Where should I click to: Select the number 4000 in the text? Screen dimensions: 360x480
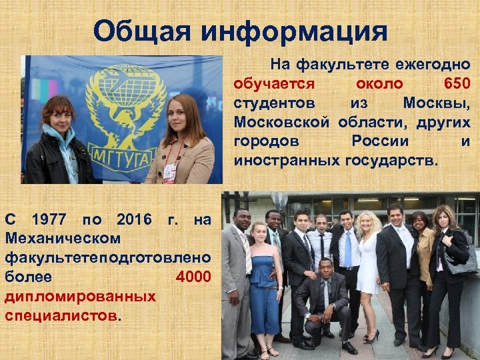[x=194, y=276]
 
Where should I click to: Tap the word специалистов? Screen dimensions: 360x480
[x=60, y=314]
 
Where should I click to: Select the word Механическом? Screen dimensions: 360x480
[x=63, y=238]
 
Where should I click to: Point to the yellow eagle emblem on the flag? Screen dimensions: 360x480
[x=123, y=107]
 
